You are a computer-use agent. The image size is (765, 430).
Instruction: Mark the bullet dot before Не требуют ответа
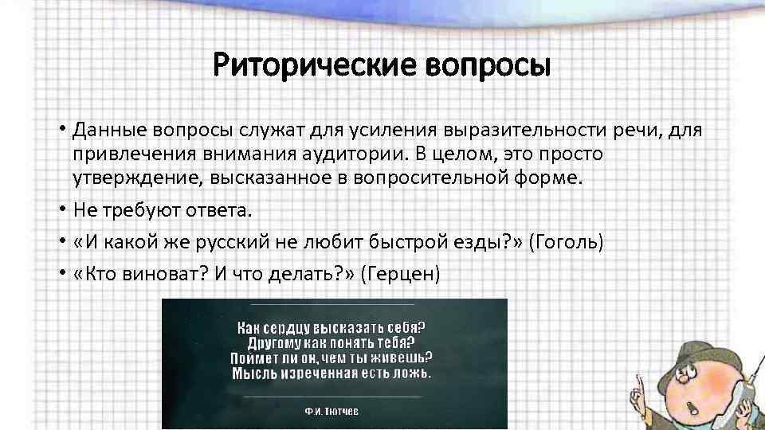[61, 210]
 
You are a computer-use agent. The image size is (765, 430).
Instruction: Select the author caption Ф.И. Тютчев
[334, 413]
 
